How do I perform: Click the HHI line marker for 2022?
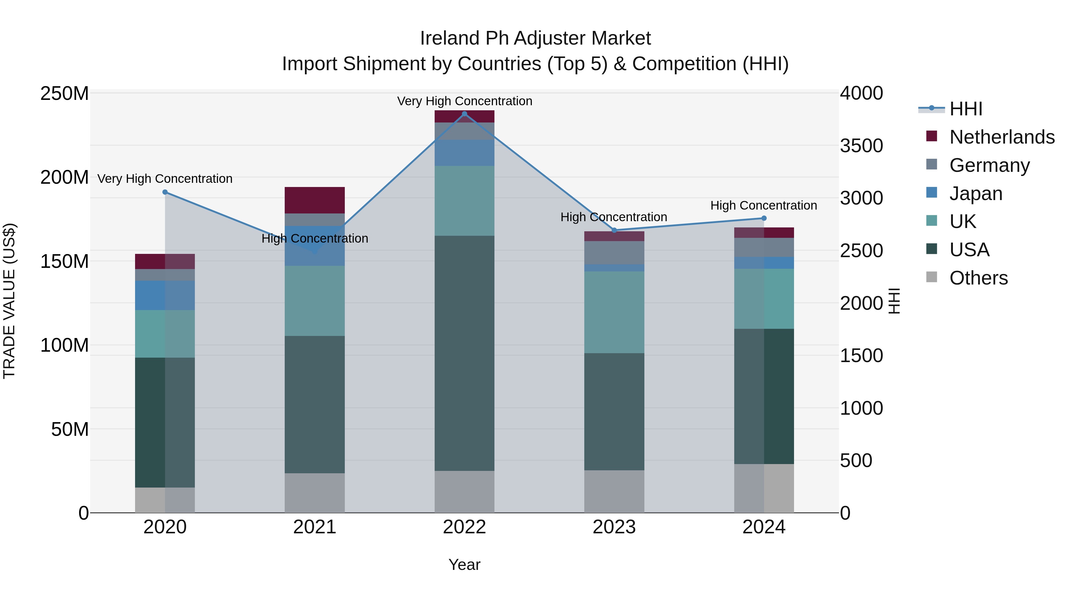pos(464,114)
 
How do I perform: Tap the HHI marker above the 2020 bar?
pos(165,192)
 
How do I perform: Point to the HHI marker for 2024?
pos(764,218)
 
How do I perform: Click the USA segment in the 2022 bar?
pos(464,353)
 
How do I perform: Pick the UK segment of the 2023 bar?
pos(614,312)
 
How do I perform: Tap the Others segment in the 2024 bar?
pos(764,488)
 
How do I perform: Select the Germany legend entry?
pos(989,165)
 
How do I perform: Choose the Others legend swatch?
pos(932,277)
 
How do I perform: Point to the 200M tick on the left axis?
pos(65,177)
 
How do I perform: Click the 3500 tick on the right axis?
pos(861,146)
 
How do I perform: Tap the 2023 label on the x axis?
pos(614,527)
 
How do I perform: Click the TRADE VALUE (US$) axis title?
pos(9,301)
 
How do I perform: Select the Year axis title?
pos(464,565)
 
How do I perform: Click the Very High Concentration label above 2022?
pos(464,101)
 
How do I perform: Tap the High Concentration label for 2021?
pos(315,238)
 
